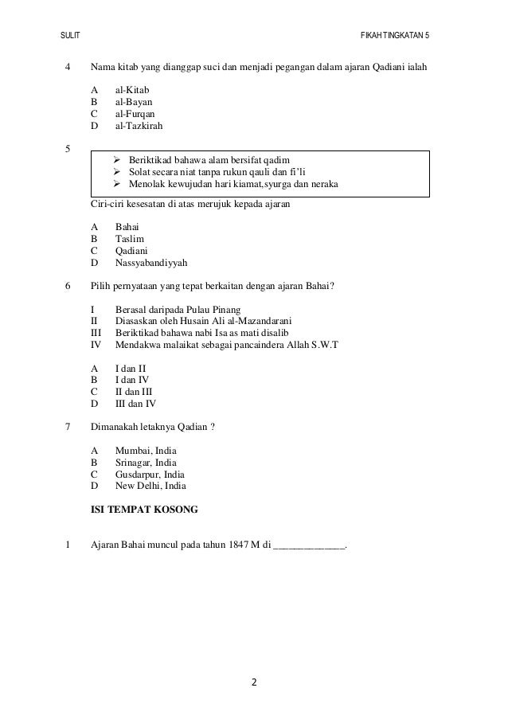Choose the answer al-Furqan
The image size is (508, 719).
pos(135,114)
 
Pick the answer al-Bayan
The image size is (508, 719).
pos(133,103)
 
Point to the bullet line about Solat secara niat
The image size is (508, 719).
pos(217,171)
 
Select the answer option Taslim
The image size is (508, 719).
pos(130,238)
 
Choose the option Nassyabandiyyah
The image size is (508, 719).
pos(152,262)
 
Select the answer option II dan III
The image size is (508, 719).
pos(134,392)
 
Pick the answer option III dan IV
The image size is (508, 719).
pos(135,404)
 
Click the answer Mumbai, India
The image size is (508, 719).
pos(146,451)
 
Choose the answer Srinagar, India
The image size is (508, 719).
pos(146,463)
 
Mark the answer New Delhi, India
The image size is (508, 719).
pos(150,486)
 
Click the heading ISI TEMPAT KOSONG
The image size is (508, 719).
pos(144,508)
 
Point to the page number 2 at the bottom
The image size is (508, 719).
pos(253,682)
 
